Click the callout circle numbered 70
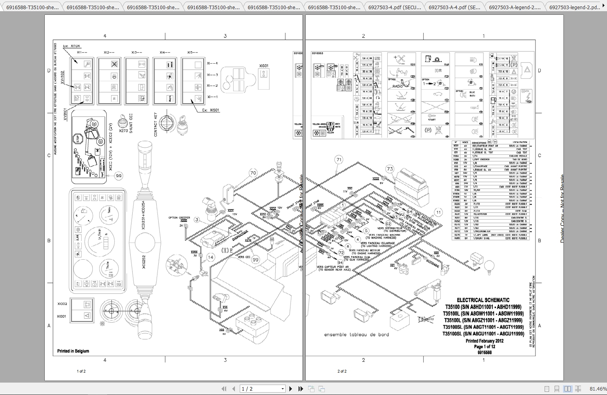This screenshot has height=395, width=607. point(253,173)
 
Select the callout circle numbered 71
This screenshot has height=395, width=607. point(339,160)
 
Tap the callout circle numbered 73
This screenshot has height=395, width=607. point(390,169)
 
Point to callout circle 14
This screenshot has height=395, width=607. point(211,257)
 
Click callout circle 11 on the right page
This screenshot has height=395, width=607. point(438,213)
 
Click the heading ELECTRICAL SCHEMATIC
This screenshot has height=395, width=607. point(483,300)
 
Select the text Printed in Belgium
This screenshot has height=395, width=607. point(73,351)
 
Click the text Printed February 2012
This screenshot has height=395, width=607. point(484,341)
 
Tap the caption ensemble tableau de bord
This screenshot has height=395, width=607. point(356,335)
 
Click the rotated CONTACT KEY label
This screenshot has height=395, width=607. point(156,124)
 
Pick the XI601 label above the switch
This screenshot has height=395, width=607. point(264,66)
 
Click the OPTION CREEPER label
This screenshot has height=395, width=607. point(179,218)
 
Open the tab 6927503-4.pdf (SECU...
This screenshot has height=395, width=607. point(394,7)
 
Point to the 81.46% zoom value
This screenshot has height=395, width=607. point(598,389)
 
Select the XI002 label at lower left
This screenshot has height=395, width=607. point(62,304)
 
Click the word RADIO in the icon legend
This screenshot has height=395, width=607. point(398,86)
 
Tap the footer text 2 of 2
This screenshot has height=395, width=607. point(342,371)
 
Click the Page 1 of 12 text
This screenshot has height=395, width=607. point(484,347)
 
